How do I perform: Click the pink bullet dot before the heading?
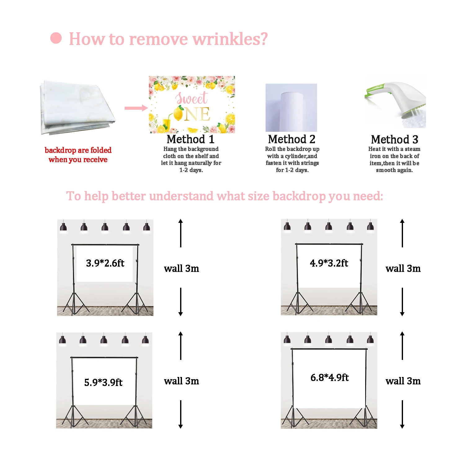pos(56,38)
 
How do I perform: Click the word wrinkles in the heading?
pos(230,39)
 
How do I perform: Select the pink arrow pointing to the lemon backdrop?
pos(136,108)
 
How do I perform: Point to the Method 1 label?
pos(191,139)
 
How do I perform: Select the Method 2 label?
pos(292,139)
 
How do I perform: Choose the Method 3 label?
pos(395,139)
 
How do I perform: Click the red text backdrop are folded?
pos(78,150)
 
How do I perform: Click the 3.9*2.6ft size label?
pos(105,263)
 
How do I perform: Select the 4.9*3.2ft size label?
pos(329,263)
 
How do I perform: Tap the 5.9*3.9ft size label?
pos(103,382)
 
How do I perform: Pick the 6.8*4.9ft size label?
pos(330,378)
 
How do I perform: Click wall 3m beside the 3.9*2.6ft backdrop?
pos(181,268)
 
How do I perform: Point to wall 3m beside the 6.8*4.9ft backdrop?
pos(403,381)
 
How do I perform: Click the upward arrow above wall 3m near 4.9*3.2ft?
pos(402,233)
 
